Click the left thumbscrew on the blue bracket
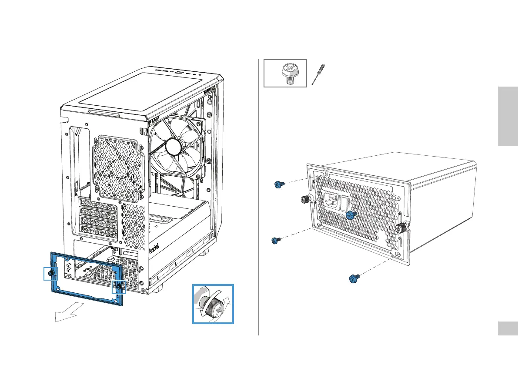[x=51, y=273]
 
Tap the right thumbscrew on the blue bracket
[x=118, y=287]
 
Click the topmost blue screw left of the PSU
[x=278, y=184]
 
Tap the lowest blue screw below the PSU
[x=354, y=278]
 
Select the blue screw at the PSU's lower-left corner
[x=275, y=240]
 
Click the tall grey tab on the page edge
[x=508, y=117]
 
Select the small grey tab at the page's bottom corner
[x=508, y=328]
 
